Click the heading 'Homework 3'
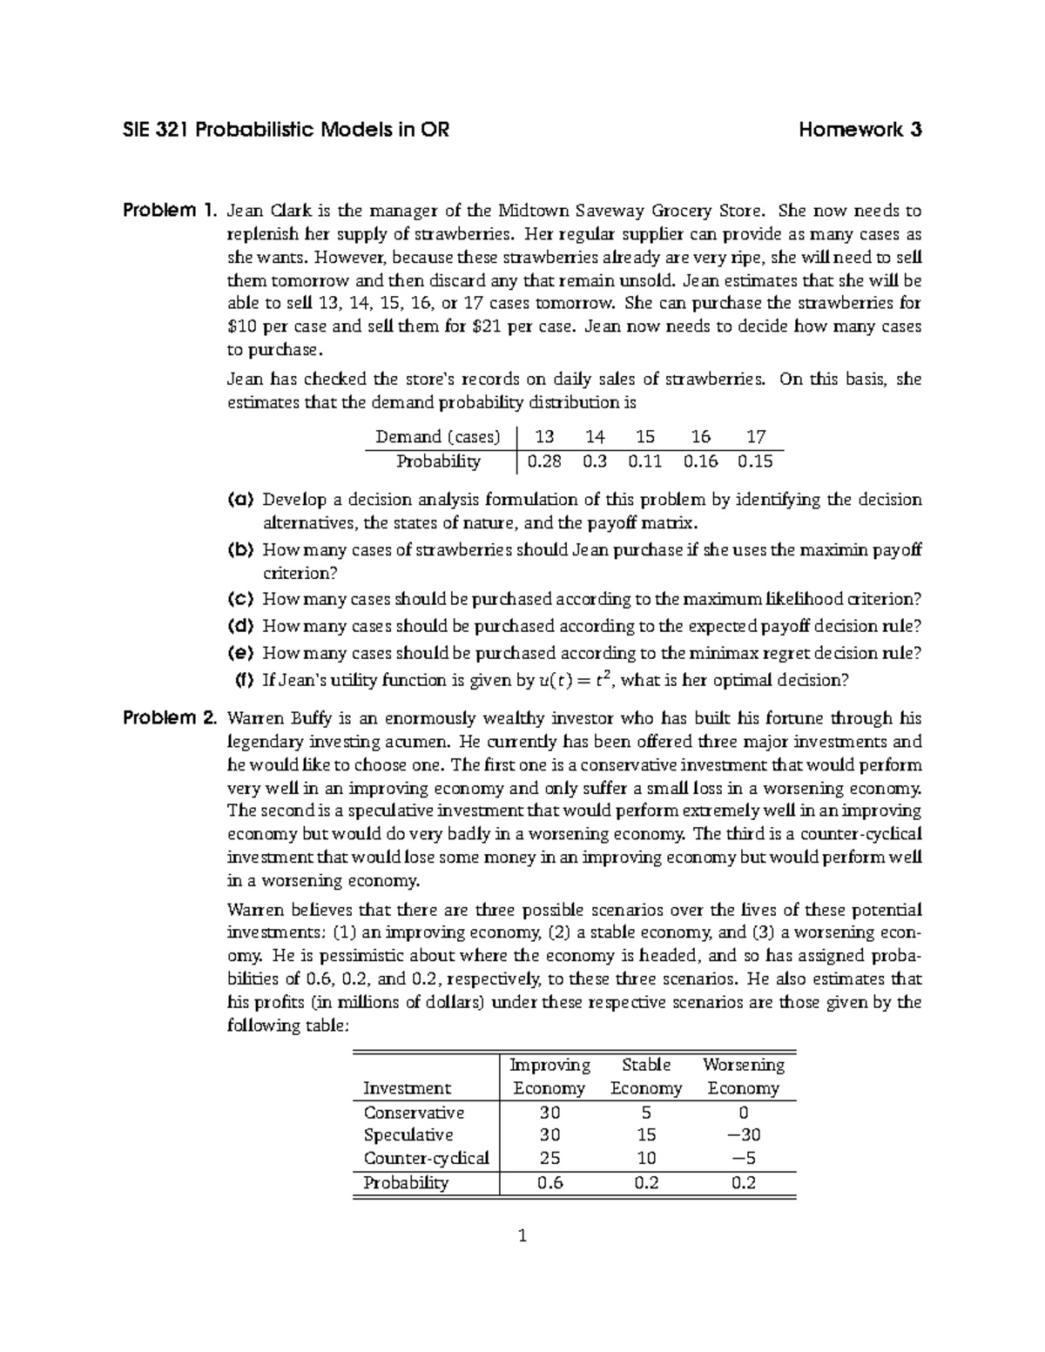point(860,131)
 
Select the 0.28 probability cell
point(544,461)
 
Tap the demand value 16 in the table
point(700,437)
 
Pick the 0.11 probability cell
point(645,461)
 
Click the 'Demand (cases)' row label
point(437,437)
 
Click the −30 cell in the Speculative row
point(743,1135)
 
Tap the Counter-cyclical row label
point(426,1159)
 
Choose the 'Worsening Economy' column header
point(743,1076)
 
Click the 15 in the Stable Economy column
point(646,1135)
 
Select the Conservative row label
point(414,1113)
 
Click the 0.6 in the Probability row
point(549,1182)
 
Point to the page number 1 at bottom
point(522,1235)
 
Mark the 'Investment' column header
point(407,1088)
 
